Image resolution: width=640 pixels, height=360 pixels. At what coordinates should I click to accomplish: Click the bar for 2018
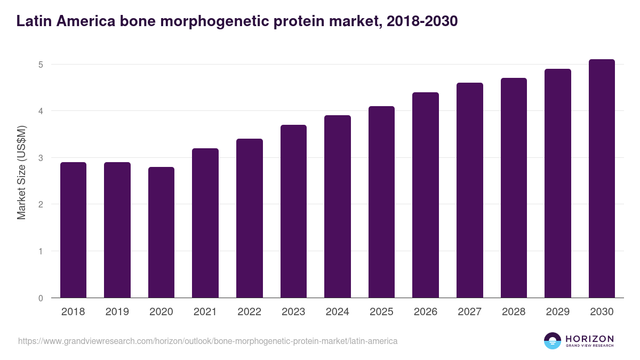tap(73, 230)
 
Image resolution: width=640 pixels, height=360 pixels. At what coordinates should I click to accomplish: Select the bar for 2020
tap(161, 232)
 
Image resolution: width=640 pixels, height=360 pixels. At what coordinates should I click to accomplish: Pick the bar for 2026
tap(426, 195)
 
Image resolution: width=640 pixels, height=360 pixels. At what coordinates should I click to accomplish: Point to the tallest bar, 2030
tap(602, 179)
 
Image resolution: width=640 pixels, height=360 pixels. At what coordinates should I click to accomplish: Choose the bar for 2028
tap(514, 188)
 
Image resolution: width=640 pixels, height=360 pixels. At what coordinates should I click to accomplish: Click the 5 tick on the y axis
tap(40, 65)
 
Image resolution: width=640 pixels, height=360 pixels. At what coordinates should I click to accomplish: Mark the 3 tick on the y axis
tap(40, 158)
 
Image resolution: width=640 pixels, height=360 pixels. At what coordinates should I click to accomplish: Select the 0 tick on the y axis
tap(40, 298)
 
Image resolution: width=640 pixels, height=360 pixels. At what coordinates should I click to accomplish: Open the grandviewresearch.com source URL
tap(207, 341)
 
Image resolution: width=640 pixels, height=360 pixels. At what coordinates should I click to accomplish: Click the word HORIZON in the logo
tap(589, 339)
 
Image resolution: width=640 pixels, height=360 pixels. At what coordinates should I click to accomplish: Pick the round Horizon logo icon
tap(553, 341)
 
